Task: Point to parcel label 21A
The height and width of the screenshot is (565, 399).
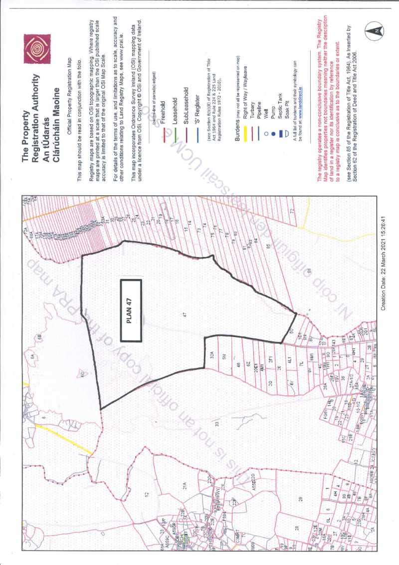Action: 184,485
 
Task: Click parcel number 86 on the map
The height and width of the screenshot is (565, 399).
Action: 309,271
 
